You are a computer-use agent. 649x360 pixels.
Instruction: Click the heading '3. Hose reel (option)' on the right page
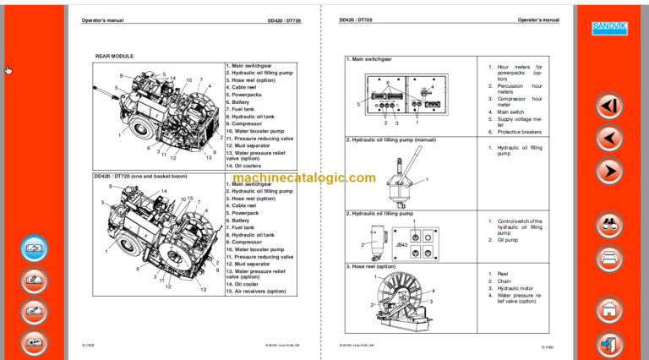(371, 266)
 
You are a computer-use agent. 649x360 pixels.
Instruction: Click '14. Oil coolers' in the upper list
(245, 166)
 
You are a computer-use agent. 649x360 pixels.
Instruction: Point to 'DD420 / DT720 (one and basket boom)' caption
(141, 176)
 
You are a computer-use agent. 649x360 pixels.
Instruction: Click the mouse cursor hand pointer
(8, 70)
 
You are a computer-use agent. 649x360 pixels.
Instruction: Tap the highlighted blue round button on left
(33, 249)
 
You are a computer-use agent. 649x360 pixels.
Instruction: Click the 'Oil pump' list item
(510, 239)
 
